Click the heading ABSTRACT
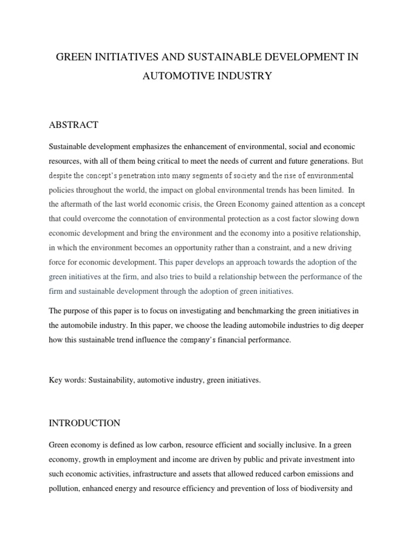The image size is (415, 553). [x=73, y=125]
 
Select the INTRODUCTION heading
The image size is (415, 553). [x=85, y=422]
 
